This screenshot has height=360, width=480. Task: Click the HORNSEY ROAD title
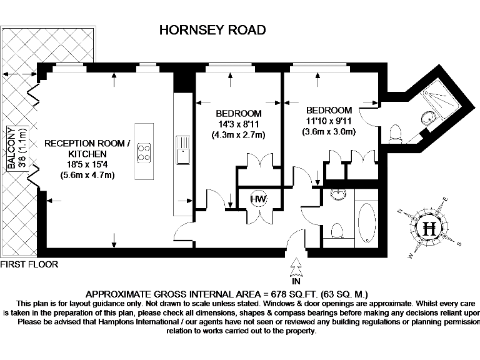[212, 30]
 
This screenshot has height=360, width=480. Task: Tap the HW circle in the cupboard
[258, 199]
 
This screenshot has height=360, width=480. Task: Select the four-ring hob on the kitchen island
[144, 152]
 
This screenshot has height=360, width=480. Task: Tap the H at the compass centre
[429, 228]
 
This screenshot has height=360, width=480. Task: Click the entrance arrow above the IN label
[296, 269]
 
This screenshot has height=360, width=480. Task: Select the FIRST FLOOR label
[29, 264]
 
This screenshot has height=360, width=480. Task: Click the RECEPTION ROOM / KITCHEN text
[87, 149]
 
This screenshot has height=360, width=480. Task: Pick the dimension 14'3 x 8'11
[238, 123]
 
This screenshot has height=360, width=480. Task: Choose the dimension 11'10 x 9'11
[329, 121]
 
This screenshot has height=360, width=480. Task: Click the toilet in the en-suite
[395, 133]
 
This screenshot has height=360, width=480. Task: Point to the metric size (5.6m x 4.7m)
[87, 175]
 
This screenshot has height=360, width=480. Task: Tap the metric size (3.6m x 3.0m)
[329, 132]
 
